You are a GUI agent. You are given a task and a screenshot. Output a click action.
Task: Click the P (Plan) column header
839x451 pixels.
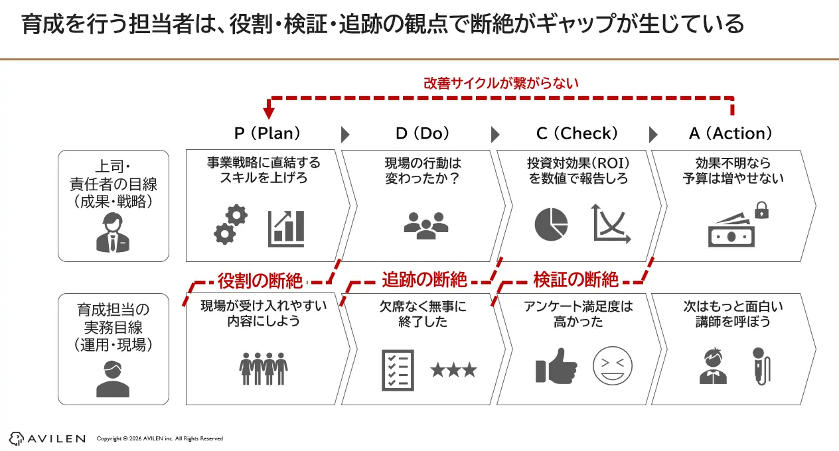coord(267,133)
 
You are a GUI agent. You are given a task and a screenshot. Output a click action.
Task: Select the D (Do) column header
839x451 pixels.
coord(422,133)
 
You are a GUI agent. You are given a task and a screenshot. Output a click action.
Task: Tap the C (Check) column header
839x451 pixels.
coord(577,133)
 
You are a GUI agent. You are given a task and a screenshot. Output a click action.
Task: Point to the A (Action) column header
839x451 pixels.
coord(731,133)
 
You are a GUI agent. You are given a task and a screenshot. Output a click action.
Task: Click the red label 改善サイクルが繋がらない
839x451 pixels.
coord(501,84)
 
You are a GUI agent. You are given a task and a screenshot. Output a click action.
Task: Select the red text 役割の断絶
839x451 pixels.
coord(260,280)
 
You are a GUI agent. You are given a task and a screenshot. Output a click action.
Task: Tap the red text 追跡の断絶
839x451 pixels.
coord(424,280)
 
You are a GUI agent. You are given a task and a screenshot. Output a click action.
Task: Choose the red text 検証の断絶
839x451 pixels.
coord(576,280)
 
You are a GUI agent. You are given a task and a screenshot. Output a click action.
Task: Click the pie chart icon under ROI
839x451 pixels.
coord(551,224)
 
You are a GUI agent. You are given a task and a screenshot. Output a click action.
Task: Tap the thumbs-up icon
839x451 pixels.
coord(556,367)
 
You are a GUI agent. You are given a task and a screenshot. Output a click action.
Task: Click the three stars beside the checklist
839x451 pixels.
coord(453,369)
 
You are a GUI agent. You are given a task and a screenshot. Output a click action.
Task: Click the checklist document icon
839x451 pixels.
coord(398,369)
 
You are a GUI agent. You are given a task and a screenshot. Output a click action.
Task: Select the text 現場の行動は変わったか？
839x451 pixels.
coord(422,170)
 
